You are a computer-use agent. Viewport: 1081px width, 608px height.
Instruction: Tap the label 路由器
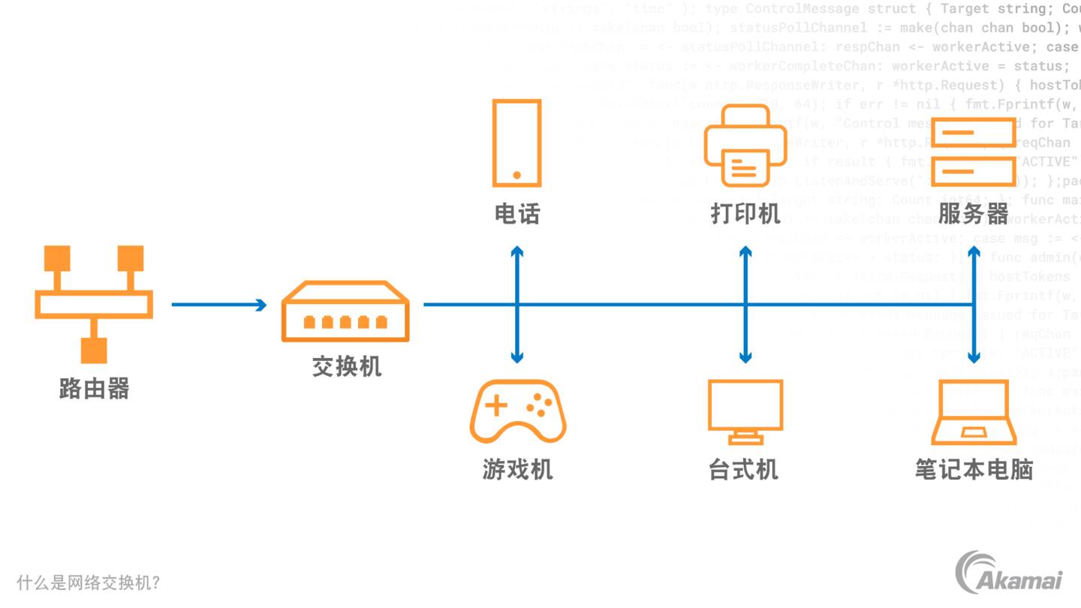point(94,388)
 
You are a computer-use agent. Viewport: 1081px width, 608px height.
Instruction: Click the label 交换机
point(347,366)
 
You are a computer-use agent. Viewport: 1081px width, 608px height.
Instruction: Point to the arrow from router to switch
point(218,305)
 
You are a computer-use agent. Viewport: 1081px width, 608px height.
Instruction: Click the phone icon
point(516,143)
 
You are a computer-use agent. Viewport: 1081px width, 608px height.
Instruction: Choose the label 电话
point(516,214)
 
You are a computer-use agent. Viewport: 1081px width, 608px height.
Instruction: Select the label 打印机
point(745,214)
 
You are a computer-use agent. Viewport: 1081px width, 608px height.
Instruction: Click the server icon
point(973,153)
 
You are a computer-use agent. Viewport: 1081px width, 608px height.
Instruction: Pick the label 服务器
point(973,214)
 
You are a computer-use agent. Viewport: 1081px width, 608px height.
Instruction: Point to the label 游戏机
point(517,470)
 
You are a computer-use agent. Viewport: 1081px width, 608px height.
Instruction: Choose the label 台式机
point(743,470)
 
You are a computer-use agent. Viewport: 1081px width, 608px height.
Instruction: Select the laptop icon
point(974,412)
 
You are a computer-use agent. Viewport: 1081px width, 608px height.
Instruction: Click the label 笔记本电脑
point(974,470)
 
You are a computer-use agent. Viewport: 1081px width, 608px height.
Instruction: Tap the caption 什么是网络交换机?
point(89,583)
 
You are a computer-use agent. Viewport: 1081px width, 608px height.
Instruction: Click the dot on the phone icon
point(516,175)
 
